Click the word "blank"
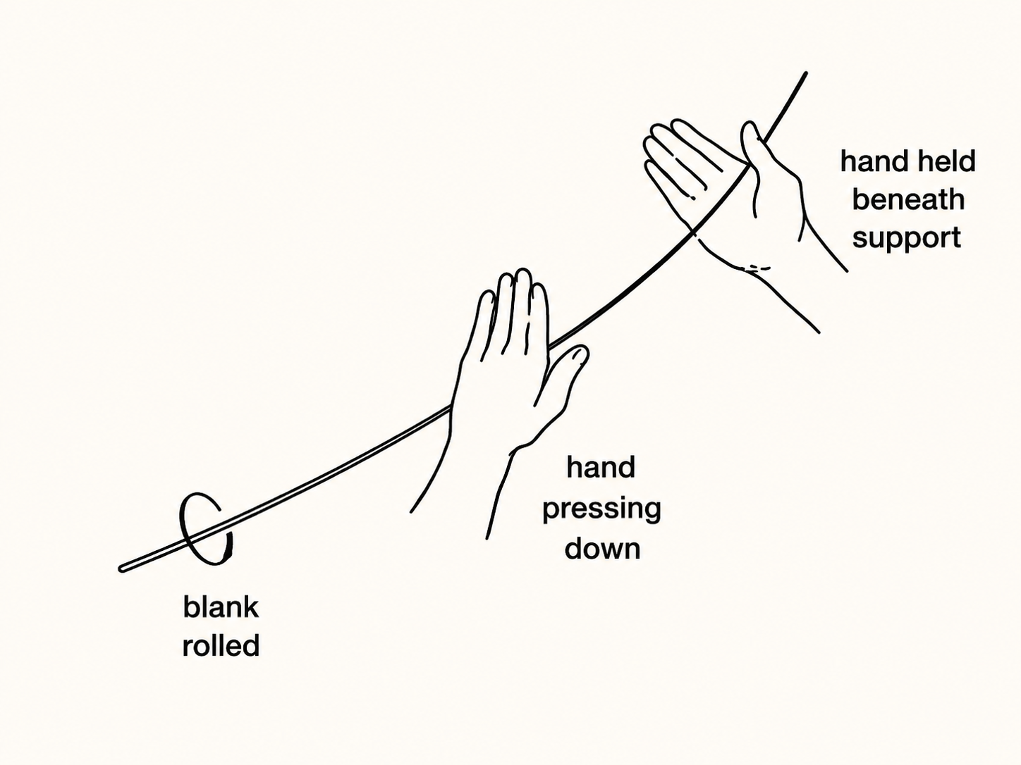221,607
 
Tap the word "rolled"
221,645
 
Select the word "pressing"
601,509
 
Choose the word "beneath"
908,200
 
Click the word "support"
906,239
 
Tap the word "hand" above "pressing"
601,467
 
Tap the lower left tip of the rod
121,569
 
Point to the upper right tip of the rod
805,73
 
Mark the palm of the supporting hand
744,213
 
